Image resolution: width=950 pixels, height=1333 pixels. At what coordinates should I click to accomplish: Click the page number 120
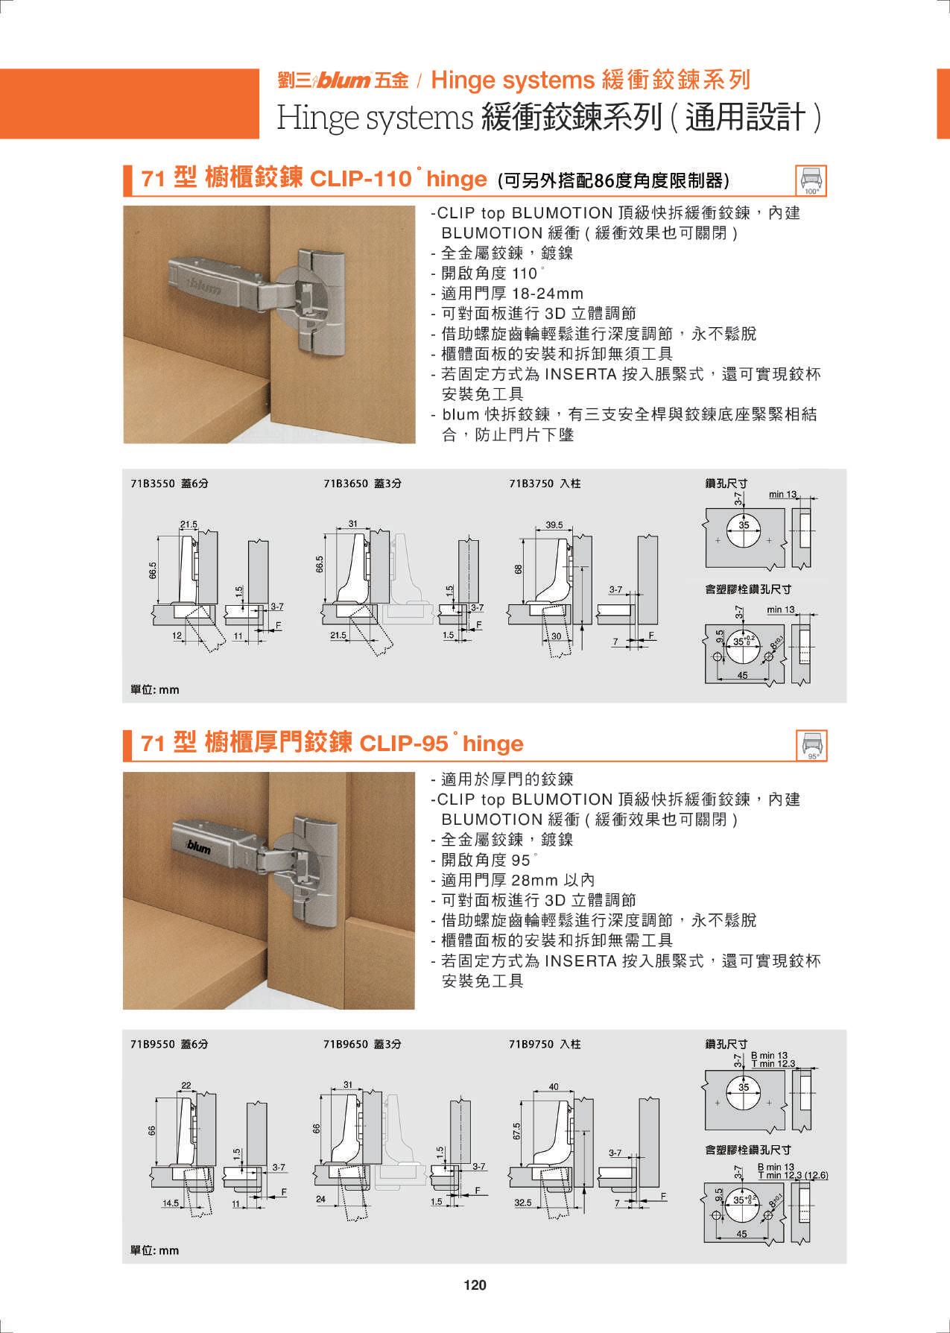475,1284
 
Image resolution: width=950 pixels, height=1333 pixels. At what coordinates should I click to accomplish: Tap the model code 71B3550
152,483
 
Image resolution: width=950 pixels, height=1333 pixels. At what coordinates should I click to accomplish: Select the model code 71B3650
346,483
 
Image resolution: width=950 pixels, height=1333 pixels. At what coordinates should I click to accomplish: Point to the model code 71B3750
531,483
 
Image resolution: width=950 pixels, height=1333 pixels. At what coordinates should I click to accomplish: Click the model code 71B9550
152,1044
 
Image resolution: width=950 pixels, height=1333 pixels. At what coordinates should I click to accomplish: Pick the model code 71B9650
346,1044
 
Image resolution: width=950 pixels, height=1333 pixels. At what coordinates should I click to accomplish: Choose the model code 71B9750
531,1044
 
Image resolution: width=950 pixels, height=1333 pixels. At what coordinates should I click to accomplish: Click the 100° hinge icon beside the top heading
811,180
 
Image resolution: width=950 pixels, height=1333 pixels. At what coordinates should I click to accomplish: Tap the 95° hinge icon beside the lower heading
811,744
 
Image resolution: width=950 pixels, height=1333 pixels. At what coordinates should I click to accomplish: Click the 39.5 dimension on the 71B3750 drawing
554,525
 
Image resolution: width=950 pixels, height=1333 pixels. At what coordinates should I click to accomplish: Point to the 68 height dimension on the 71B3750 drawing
519,569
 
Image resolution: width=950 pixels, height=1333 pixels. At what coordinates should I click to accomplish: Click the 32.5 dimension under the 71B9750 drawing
523,1202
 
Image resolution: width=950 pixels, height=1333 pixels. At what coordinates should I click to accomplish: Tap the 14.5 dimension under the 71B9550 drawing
171,1202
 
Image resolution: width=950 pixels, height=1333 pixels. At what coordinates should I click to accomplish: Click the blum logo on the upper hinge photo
203,285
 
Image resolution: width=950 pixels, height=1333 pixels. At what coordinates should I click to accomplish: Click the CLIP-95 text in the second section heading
404,743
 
